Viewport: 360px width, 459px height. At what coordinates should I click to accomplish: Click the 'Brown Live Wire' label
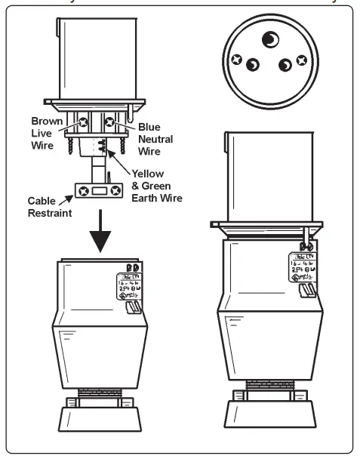[x=46, y=132]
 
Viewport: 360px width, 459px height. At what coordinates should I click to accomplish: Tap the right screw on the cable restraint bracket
[x=114, y=193]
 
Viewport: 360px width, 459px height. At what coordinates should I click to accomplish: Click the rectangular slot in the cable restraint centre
[x=99, y=193]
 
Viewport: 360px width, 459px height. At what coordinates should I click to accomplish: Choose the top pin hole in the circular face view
[x=269, y=39]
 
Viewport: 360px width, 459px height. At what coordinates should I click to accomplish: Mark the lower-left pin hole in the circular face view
[x=254, y=64]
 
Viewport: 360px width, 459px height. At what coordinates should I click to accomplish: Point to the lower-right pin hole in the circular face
[x=286, y=65]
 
